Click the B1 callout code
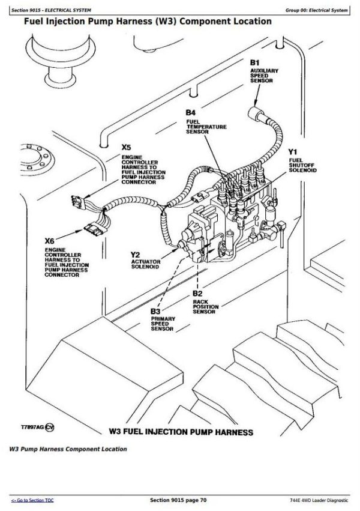254,63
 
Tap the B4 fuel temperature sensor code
190,113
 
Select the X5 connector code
126,148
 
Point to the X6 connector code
49,241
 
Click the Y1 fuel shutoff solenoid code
293,152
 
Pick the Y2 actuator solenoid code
135,255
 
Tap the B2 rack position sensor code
197,294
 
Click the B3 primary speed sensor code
155,311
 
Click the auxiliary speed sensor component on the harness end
256,113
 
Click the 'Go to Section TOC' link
32,500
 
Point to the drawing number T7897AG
32,428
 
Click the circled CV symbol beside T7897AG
49,428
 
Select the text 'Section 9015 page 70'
178,500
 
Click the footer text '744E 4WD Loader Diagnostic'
319,500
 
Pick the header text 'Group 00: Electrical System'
316,10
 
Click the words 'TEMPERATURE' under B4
206,127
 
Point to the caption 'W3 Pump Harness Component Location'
68,449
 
